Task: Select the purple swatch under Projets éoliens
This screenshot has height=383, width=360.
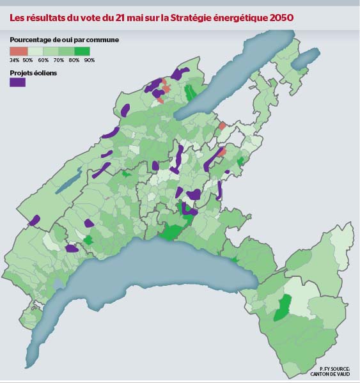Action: click(17, 81)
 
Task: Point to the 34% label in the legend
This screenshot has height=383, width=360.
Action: click(13, 59)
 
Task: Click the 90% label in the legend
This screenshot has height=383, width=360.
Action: click(89, 59)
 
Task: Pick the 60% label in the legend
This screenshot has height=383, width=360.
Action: click(43, 59)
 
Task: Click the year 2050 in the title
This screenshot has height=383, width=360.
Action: click(281, 17)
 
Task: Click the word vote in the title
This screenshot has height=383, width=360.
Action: click(78, 17)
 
